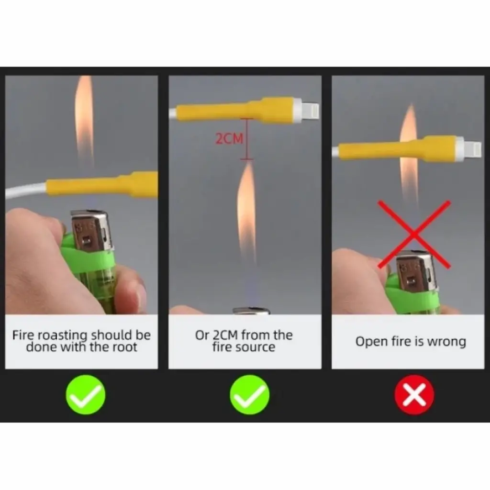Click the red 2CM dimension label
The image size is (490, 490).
tap(229, 138)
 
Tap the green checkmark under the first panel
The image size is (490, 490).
tap(86, 395)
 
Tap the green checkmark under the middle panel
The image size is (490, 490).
tap(250, 395)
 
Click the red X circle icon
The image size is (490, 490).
tap(414, 395)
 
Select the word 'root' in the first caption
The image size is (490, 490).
tap(123, 347)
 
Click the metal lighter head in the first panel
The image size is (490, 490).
tap(90, 231)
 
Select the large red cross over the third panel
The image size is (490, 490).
tap(414, 234)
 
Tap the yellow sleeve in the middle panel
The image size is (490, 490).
tap(239, 111)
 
